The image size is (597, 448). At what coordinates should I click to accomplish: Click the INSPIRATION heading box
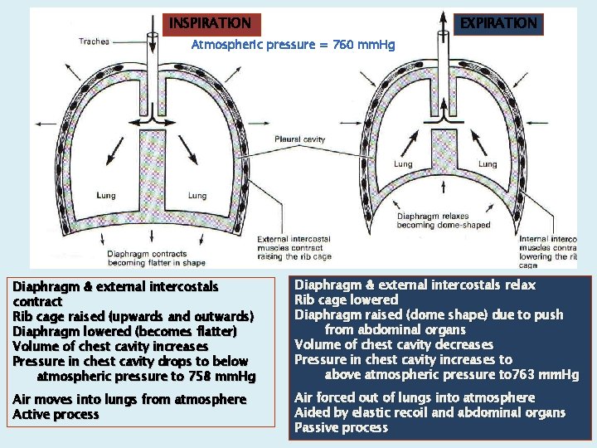point(210,24)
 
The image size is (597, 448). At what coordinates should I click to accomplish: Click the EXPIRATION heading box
point(498,24)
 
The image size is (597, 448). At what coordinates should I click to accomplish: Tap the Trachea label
point(94,41)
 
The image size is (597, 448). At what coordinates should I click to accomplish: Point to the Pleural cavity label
point(300,139)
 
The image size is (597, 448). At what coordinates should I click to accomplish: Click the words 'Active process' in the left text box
point(56,415)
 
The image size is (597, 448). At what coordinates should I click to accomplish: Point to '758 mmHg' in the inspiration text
point(220,377)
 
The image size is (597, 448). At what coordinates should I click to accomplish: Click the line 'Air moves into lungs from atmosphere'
point(129,400)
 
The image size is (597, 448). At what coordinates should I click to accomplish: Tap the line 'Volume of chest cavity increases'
point(110,347)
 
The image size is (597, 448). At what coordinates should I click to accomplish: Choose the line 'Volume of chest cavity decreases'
point(394,345)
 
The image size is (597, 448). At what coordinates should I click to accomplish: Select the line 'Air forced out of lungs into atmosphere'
point(415,398)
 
